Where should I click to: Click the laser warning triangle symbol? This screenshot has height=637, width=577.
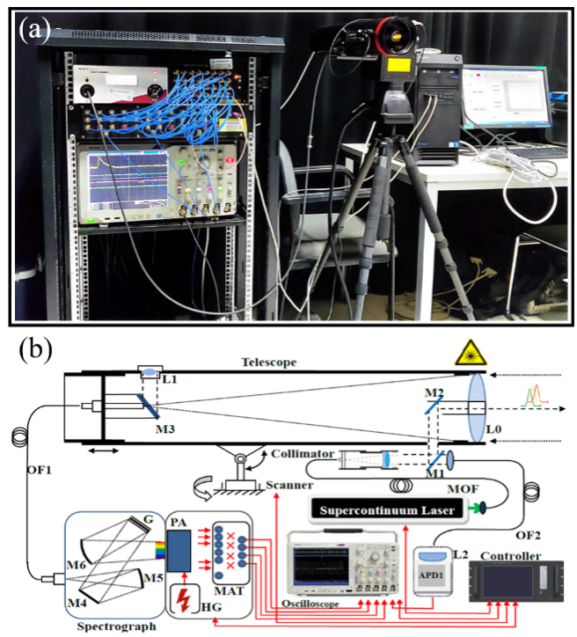467,355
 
